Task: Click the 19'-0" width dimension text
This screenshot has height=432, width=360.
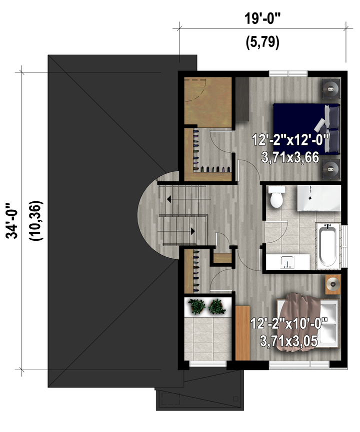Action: pyautogui.click(x=262, y=19)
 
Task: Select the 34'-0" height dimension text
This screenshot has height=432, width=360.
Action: pyautogui.click(x=12, y=221)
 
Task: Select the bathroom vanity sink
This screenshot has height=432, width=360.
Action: pyautogui.click(x=287, y=262)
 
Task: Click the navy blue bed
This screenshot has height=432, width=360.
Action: pyautogui.click(x=305, y=128)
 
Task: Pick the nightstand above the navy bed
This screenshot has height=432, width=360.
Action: pyautogui.click(x=331, y=89)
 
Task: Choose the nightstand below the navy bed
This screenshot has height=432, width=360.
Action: pyautogui.click(x=331, y=169)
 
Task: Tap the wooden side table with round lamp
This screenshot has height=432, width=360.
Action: pyautogui.click(x=333, y=284)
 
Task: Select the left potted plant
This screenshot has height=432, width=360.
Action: pyautogui.click(x=196, y=306)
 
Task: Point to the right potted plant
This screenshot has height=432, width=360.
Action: pyautogui.click(x=217, y=307)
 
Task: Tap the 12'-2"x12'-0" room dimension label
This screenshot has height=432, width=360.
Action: pyautogui.click(x=291, y=140)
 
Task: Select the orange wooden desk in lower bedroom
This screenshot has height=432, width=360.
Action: pyautogui.click(x=243, y=333)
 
